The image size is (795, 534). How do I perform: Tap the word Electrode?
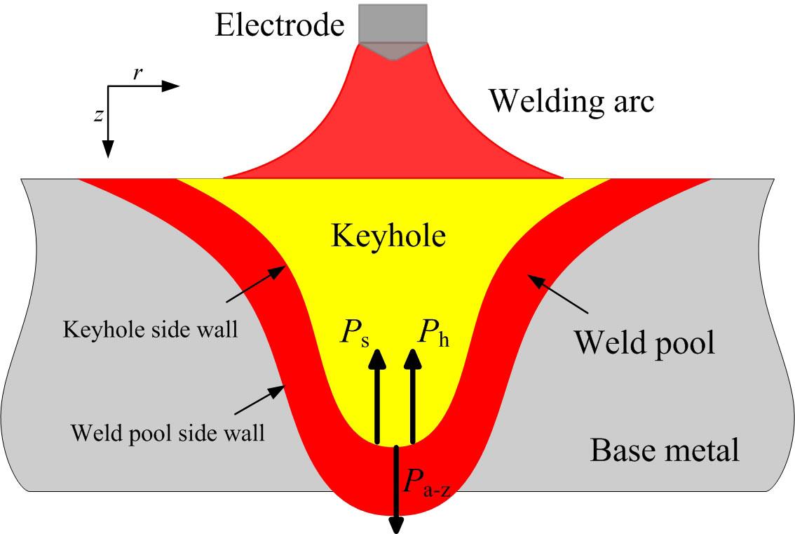[x=280, y=26]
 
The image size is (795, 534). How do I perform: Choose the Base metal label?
[x=665, y=450]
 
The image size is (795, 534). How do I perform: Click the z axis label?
[x=98, y=116]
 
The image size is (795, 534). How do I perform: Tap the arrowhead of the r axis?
[x=170, y=86]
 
